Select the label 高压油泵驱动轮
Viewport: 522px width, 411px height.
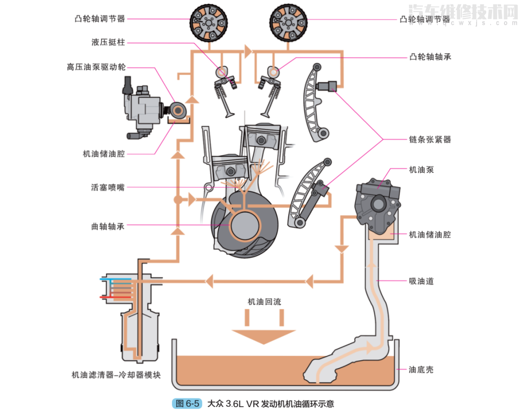click(96, 67)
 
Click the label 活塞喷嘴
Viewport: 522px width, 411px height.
click(107, 187)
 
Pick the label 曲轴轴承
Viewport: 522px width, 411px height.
click(107, 226)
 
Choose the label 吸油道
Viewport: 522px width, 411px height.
click(421, 281)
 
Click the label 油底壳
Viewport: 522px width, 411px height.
click(421, 369)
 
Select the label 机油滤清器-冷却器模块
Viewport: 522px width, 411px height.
click(116, 375)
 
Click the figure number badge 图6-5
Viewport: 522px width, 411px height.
click(187, 403)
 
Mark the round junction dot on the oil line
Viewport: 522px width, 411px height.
click(177, 199)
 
